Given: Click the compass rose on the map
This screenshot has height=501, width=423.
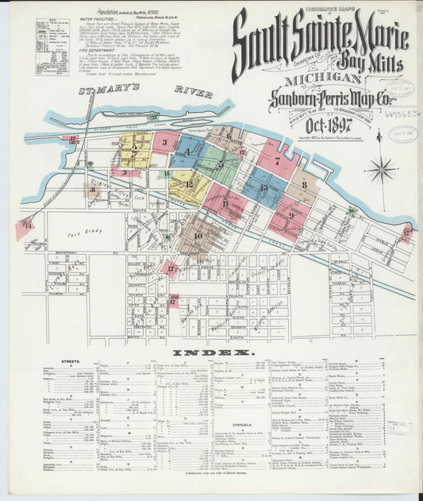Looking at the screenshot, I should pyautogui.click(x=382, y=168).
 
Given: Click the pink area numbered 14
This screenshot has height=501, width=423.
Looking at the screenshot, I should pyautogui.click(x=25, y=227).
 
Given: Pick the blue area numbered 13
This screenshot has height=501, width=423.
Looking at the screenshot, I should pyautogui.click(x=264, y=189).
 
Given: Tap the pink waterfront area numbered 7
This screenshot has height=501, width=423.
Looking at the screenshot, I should pyautogui.click(x=276, y=161).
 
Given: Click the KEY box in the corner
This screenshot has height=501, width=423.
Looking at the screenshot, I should pyautogui.click(x=52, y=46).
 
